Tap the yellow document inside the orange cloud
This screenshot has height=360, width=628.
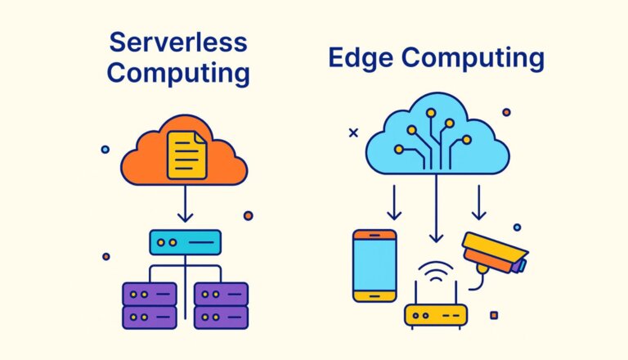point(186,155)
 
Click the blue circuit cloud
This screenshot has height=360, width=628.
point(434,139)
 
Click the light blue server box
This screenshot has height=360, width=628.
point(185,242)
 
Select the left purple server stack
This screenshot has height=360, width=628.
point(149,304)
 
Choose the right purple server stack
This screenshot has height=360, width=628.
point(221,304)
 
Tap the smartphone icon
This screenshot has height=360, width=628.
point(375,265)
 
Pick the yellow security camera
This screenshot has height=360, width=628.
point(491,250)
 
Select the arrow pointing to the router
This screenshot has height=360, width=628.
point(436,213)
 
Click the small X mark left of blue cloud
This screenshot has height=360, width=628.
point(353,132)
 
